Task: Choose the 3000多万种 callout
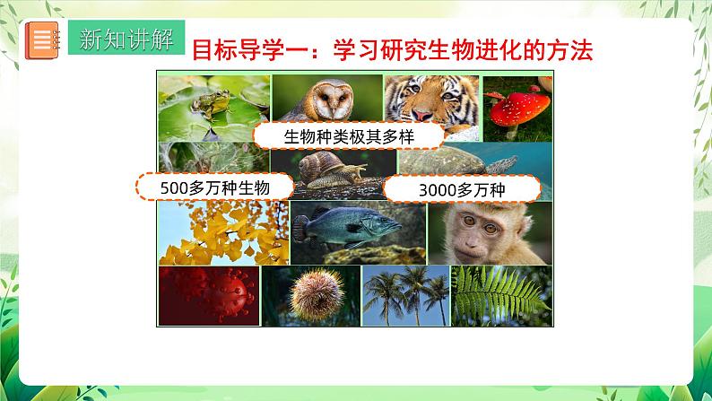tap(463, 190)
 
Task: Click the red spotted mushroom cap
tap(518, 108)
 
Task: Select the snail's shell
tap(320, 168)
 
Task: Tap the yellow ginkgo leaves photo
tap(221, 231)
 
